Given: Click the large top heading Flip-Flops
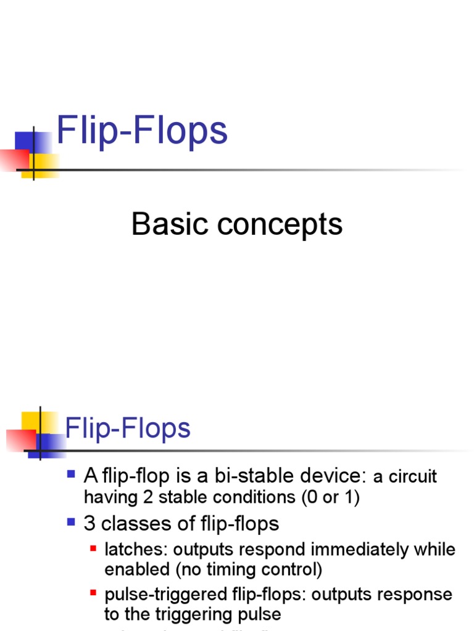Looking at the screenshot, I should point(142,132).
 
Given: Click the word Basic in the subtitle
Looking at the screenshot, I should point(168,224).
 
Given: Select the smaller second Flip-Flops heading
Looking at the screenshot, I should point(128,428).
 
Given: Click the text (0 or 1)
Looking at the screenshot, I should point(330,497).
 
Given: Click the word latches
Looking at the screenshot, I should point(128,549).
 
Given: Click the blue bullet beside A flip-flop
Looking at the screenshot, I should point(71,474).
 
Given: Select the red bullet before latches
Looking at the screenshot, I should point(93,548).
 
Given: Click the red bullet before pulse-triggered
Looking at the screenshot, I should point(93,593).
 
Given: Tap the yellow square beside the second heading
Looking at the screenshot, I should point(31,422).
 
